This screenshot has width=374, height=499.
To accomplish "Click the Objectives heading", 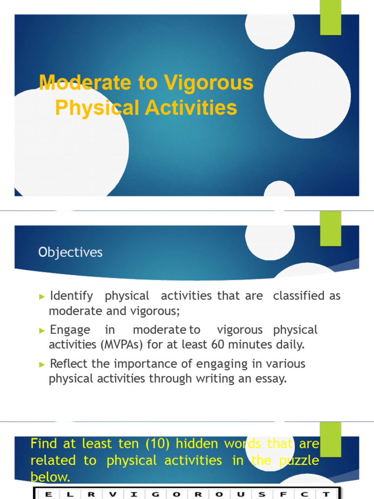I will [x=71, y=252].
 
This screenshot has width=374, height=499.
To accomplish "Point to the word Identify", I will [x=71, y=296].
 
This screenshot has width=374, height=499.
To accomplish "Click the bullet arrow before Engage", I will [x=41, y=330].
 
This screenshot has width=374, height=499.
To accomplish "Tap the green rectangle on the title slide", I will [x=330, y=18].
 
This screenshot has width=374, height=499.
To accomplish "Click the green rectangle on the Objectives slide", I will [x=330, y=229].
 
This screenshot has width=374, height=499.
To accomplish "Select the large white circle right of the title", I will [x=307, y=95].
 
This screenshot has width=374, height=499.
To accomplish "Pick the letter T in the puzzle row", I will [x=324, y=495].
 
